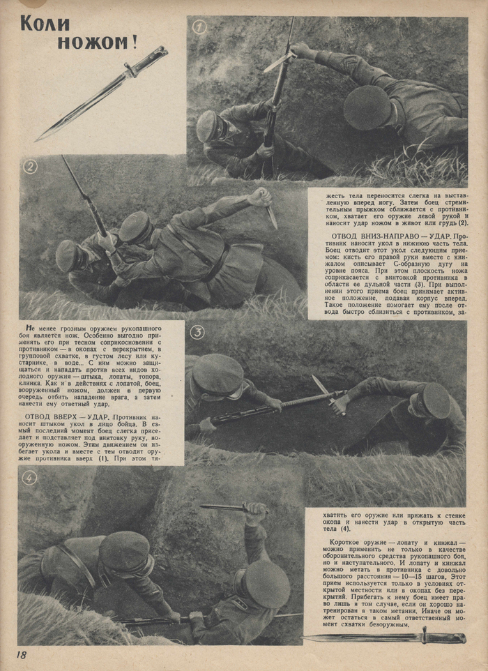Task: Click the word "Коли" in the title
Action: [45, 23]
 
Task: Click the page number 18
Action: [21, 655]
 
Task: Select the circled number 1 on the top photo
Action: [199, 27]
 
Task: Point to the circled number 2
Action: [30, 167]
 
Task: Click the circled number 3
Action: [198, 332]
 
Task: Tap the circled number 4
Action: [29, 478]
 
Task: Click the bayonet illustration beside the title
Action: [102, 93]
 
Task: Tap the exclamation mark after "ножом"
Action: [132, 42]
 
